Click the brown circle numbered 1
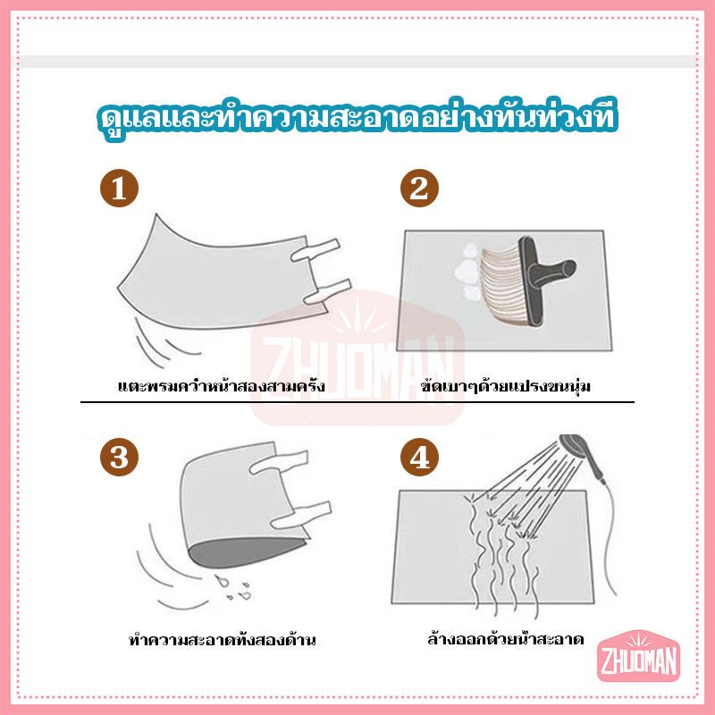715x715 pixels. coord(119,189)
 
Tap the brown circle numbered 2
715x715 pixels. coord(419,189)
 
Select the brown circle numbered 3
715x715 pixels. coord(119,458)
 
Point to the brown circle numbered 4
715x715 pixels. coord(419,458)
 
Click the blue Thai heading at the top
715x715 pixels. coord(357,118)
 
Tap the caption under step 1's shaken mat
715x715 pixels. coord(222,386)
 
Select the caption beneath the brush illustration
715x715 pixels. coord(505,386)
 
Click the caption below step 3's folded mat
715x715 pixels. coord(222,639)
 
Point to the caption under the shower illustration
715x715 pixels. coord(506,638)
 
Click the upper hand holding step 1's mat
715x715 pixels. coord(315,250)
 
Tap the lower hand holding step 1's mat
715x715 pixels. coord(327,292)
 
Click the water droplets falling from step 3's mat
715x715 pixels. coord(233,587)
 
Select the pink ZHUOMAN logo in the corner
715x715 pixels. coord(638,656)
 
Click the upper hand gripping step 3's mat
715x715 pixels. coord(279,462)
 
